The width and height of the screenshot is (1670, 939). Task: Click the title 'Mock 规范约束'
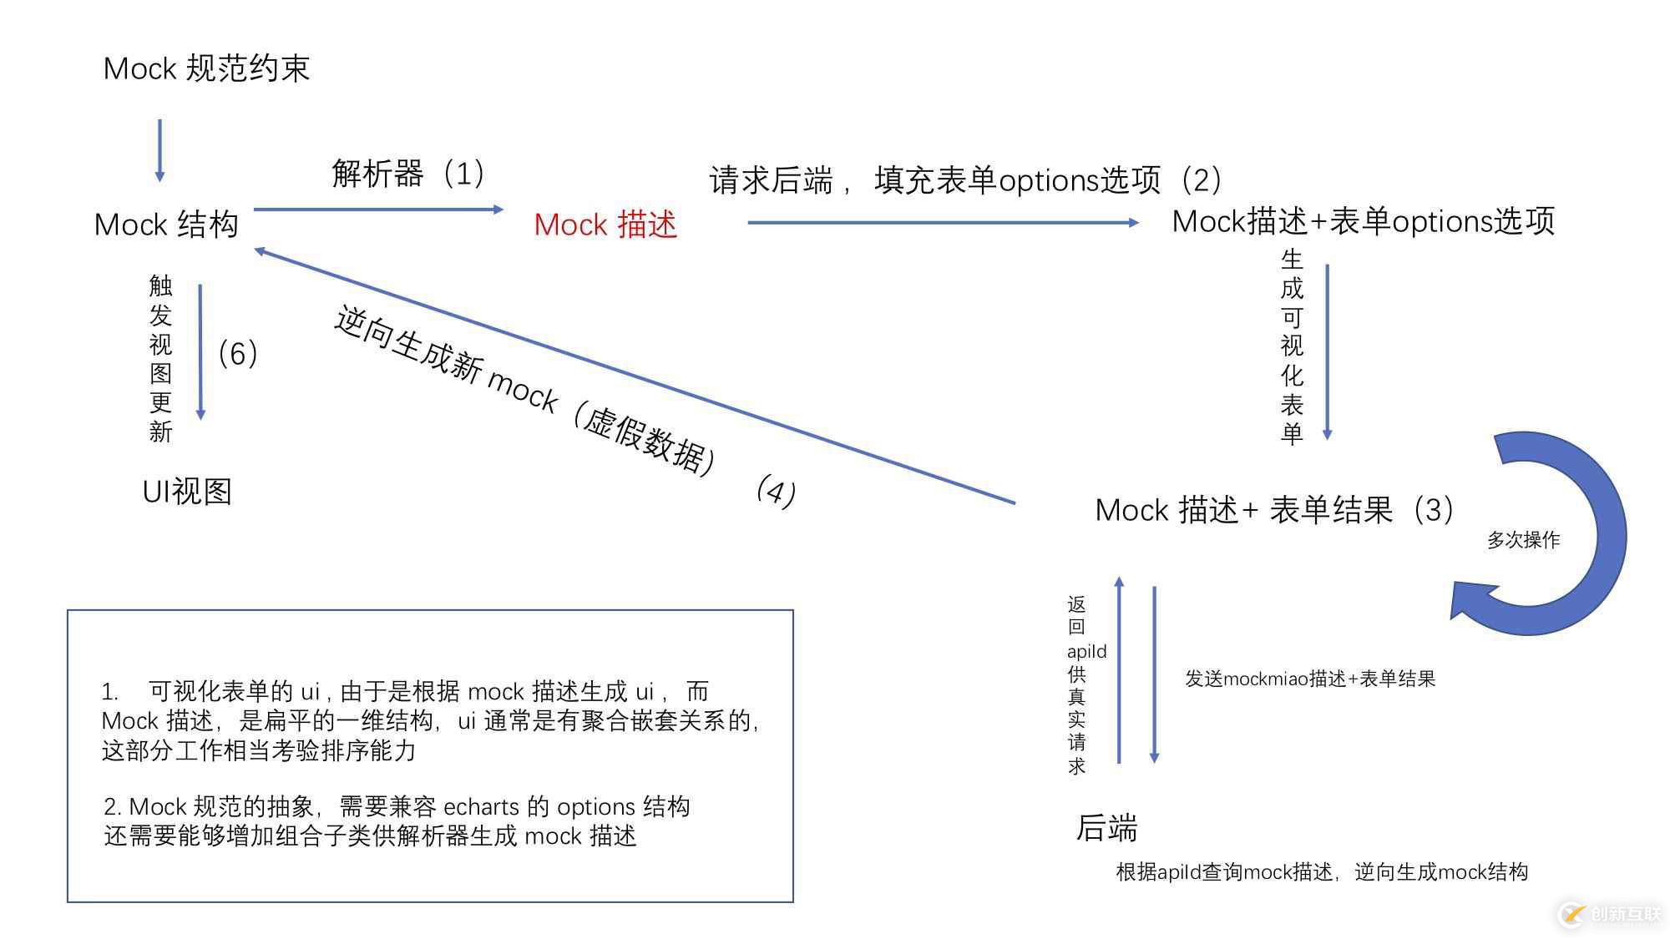click(206, 68)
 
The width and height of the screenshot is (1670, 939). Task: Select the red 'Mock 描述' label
click(605, 225)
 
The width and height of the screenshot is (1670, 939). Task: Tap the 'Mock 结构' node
click(166, 225)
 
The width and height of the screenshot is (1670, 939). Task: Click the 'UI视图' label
click(187, 492)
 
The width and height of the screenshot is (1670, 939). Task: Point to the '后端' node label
click(1106, 828)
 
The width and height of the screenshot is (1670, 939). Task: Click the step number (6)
click(238, 353)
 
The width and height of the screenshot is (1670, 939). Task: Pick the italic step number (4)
click(776, 491)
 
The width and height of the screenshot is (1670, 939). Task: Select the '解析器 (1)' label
click(407, 174)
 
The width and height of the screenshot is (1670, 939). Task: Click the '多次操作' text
click(1523, 540)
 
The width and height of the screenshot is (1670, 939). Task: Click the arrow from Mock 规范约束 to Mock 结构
click(159, 151)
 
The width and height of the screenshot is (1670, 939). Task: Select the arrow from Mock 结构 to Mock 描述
click(379, 210)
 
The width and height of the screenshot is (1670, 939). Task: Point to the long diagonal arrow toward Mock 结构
click(635, 376)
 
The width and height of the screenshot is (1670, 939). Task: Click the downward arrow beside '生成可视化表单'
click(1327, 352)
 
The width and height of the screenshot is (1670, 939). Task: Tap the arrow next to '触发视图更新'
click(200, 352)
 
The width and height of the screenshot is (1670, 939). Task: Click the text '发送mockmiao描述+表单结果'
click(1310, 679)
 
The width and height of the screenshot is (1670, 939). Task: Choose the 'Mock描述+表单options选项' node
click(1364, 221)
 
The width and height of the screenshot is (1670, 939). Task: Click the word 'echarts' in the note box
click(481, 807)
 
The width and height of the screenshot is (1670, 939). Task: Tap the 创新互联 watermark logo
click(1610, 914)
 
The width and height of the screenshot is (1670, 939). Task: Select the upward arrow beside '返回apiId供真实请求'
click(1119, 669)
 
